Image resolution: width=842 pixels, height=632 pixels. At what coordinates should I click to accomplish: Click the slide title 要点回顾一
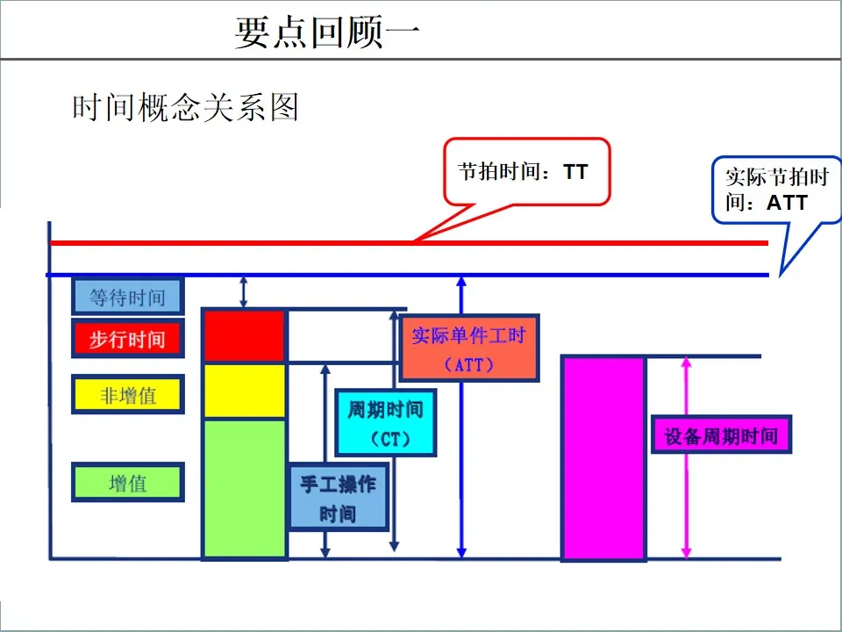pyautogui.click(x=327, y=32)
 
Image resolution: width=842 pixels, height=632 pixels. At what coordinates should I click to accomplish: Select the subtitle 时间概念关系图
pyautogui.click(x=185, y=107)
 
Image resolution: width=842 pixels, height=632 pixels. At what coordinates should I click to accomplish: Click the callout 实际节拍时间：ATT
pyautogui.click(x=776, y=190)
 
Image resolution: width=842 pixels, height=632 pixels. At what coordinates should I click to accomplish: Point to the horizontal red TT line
pyautogui.click(x=263, y=242)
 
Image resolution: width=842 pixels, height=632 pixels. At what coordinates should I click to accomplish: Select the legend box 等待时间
pyautogui.click(x=127, y=298)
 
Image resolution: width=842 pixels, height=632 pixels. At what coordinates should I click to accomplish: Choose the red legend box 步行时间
pyautogui.click(x=127, y=339)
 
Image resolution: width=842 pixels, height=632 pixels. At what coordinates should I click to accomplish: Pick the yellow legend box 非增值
pyautogui.click(x=127, y=395)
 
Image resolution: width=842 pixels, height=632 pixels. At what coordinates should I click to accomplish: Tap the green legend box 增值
pyautogui.click(x=127, y=483)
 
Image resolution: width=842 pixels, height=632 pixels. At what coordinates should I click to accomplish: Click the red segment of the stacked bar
pyautogui.click(x=245, y=335)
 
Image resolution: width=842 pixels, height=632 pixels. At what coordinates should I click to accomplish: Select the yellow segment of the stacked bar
pyautogui.click(x=245, y=391)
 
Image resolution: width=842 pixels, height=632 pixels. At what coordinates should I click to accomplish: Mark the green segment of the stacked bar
pyautogui.click(x=245, y=488)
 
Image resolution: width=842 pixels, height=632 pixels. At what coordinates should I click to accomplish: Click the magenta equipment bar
pyautogui.click(x=603, y=457)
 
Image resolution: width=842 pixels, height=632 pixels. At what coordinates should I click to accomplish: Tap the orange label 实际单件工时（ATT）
pyautogui.click(x=469, y=348)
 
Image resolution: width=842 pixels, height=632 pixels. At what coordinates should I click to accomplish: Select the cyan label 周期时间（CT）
pyautogui.click(x=386, y=423)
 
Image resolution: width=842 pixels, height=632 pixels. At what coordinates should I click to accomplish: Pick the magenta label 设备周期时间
pyautogui.click(x=721, y=435)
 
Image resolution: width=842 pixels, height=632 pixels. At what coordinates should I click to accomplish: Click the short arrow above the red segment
pyautogui.click(x=245, y=291)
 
